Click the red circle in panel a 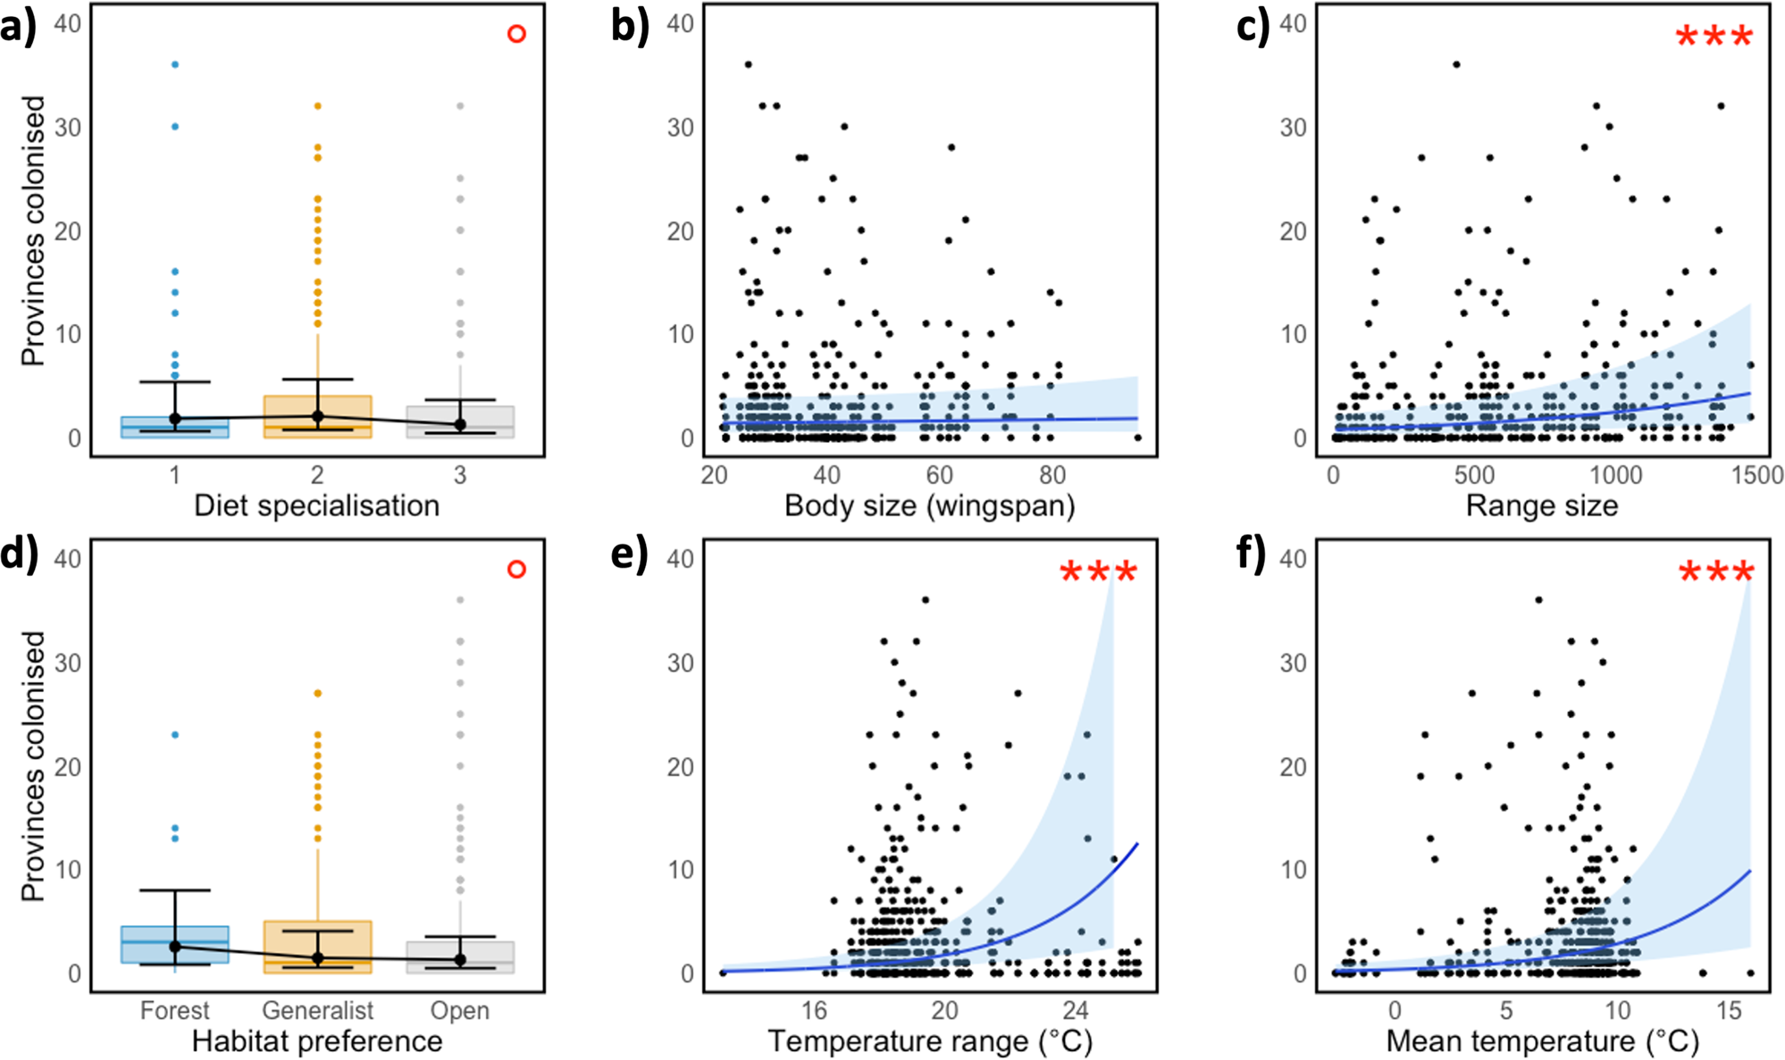coord(516,34)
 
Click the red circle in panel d coord(516,569)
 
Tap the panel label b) coord(629,26)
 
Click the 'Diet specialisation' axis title coord(316,505)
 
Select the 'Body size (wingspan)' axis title coord(929,505)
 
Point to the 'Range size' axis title coord(1541,505)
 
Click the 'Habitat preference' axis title coord(316,1041)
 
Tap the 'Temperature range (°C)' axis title coord(929,1041)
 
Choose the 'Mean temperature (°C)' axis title coord(1541,1041)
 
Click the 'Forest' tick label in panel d coord(174,1010)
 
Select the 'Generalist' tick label coord(317,1010)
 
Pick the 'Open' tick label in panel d coord(459,1010)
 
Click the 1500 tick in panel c coord(1756,475)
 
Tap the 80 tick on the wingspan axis coord(1052,475)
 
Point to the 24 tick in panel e coord(1075,1010)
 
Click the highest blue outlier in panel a coord(175,64)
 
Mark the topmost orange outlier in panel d coord(317,693)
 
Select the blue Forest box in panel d coord(174,944)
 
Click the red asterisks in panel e coord(1098,572)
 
